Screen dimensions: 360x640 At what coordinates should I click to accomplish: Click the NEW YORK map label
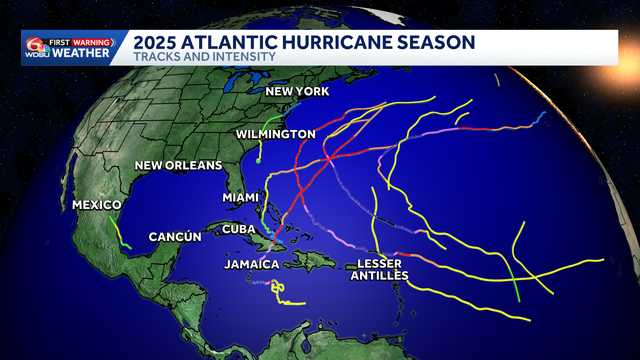296,92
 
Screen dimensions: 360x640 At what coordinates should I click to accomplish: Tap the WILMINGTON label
276,134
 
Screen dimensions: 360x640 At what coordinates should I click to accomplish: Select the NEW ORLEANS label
178,166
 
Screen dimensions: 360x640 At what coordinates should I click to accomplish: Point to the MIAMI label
240,198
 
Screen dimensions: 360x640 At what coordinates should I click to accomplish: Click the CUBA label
238,229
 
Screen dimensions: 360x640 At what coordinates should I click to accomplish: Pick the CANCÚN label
175,237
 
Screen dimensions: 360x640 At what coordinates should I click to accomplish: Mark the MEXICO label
97,205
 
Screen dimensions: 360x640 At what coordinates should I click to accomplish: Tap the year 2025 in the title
158,42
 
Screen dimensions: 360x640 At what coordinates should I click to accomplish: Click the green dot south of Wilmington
259,159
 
